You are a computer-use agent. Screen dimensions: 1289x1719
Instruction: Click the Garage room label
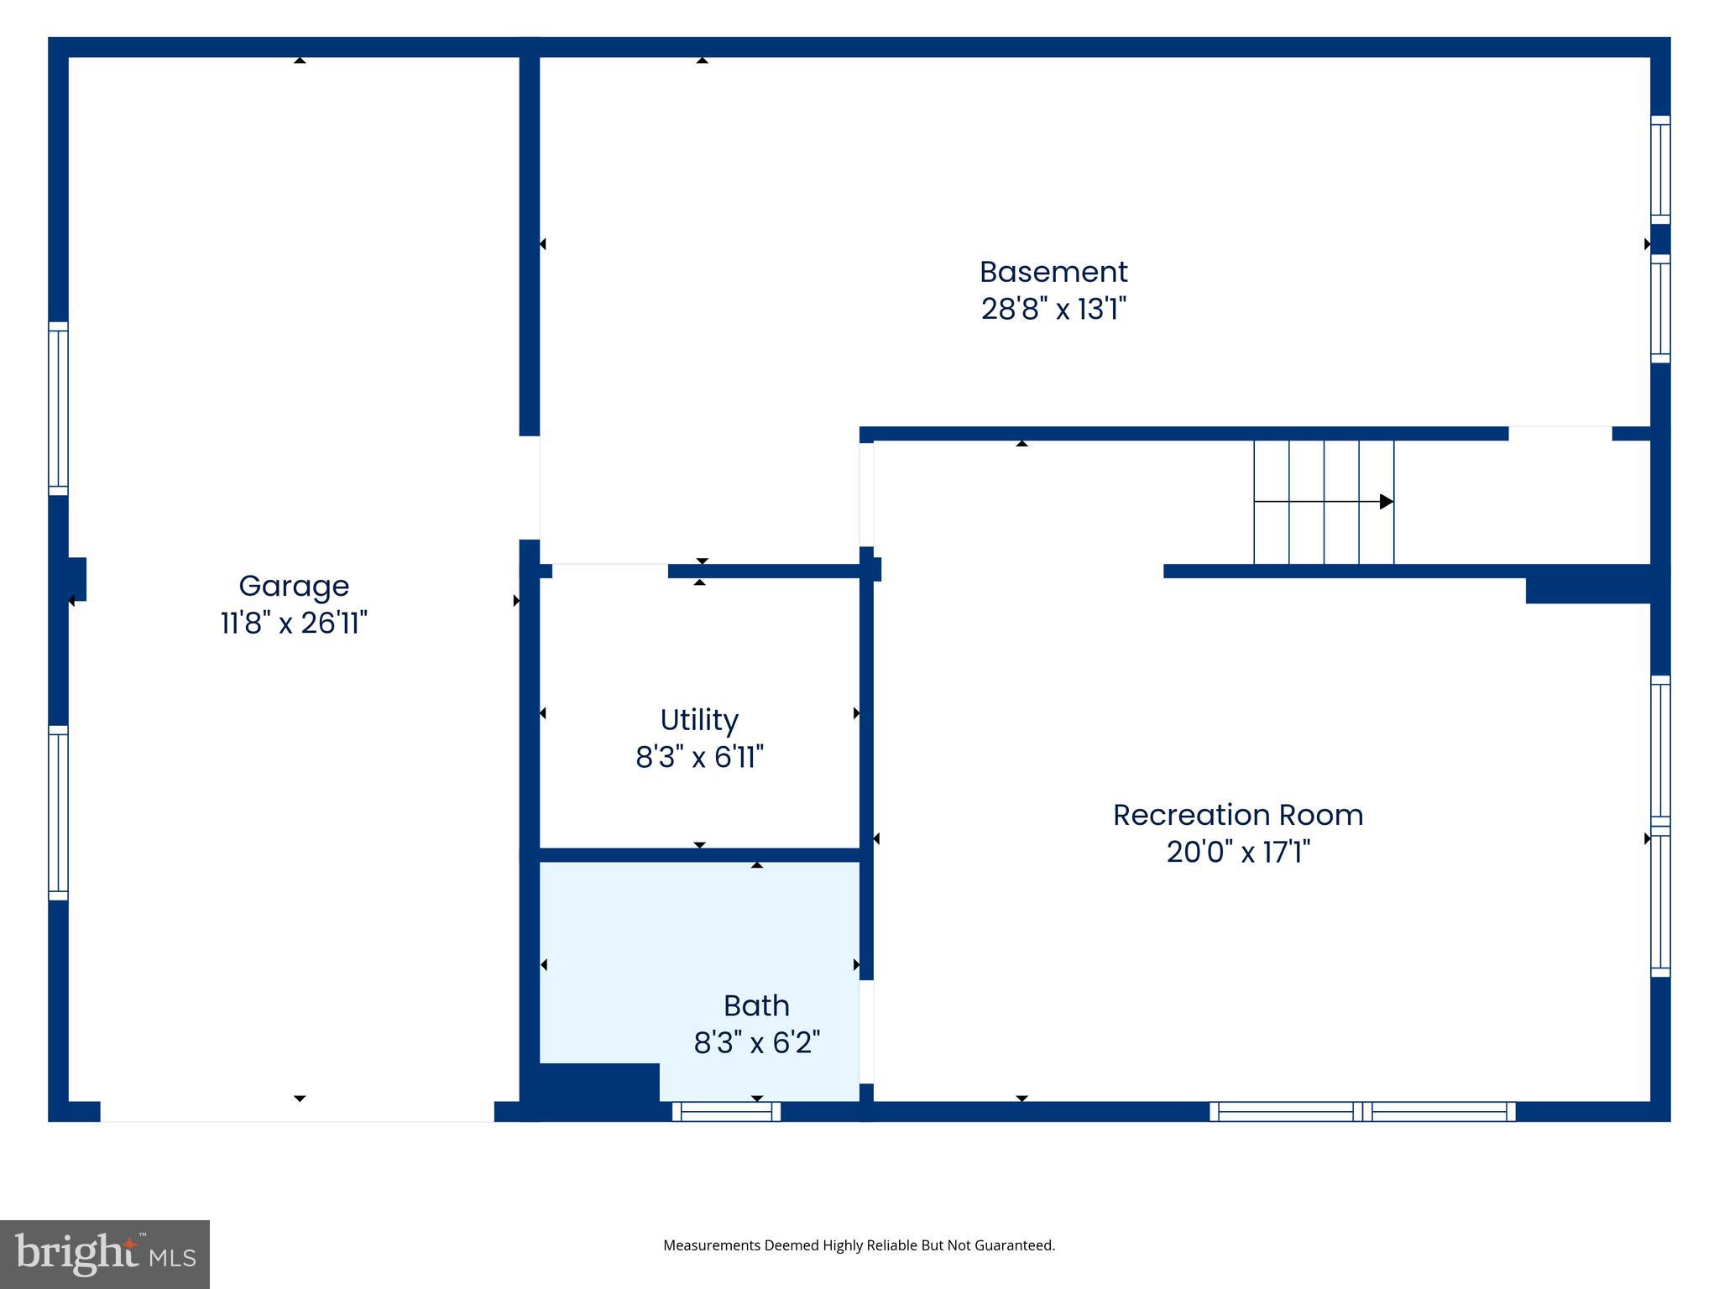294,586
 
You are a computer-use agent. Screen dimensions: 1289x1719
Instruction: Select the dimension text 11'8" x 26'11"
294,624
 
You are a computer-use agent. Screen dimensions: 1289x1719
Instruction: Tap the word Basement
1053,272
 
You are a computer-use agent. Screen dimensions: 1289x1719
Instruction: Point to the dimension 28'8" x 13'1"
1053,310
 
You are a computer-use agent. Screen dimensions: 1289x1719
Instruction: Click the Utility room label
699,720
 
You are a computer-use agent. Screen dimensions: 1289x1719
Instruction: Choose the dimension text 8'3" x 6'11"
699,758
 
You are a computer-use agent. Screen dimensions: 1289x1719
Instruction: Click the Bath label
756,1005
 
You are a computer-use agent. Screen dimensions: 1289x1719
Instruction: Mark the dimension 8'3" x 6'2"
756,1043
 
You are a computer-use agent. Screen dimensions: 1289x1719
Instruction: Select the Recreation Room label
1238,815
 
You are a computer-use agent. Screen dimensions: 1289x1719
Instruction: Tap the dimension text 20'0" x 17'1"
1238,853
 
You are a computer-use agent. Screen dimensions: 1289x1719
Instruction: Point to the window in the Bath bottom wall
726,1112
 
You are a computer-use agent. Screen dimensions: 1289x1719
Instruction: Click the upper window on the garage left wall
58,409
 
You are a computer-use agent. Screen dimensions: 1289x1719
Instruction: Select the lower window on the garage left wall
58,812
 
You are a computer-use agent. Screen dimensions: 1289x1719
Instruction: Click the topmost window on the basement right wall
1660,170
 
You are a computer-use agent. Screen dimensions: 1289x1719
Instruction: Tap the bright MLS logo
105,1254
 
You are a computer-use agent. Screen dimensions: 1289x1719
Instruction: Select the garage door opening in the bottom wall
297,1112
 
